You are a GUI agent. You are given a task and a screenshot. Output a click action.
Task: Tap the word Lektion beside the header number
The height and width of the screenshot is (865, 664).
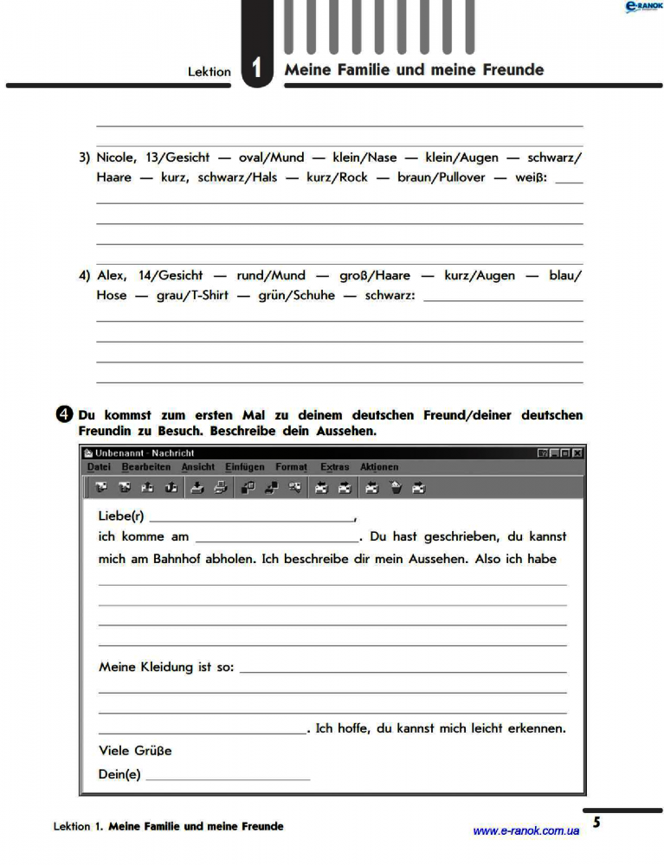point(210,72)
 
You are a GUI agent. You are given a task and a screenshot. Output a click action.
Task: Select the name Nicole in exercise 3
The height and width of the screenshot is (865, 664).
point(116,157)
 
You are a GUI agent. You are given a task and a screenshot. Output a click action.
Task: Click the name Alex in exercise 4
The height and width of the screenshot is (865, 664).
point(111,275)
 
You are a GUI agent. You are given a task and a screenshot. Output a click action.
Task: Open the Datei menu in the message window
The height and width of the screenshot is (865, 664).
point(100,467)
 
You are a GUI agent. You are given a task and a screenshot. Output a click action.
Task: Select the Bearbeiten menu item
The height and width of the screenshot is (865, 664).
point(146,467)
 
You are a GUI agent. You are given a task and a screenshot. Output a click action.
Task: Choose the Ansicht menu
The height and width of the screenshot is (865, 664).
point(197,467)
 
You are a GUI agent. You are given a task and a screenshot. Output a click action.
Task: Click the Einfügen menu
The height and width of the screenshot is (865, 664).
point(245,467)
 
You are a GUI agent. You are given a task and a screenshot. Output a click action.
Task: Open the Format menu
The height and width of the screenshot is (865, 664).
point(291,467)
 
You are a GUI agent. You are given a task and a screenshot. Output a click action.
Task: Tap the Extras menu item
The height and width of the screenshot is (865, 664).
point(334,467)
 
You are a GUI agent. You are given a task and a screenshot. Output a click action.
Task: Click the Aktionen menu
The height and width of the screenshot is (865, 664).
point(379,467)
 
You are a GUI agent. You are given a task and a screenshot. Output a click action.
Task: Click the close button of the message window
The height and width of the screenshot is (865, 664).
point(577,452)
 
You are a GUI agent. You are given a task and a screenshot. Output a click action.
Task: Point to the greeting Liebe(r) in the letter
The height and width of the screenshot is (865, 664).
point(121,516)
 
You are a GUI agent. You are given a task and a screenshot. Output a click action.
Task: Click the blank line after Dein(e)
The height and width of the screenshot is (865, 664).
point(228,776)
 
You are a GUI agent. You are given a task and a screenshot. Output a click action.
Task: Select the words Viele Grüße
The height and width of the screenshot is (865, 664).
point(135,751)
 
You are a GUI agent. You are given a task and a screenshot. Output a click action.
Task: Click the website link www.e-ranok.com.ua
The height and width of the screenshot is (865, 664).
point(525,831)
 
